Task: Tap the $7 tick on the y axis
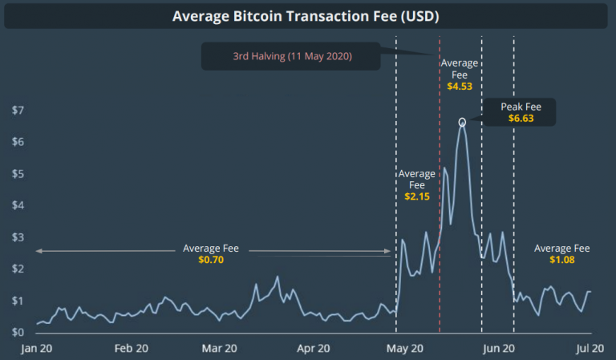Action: [x=17, y=110]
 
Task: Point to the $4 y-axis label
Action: [x=17, y=205]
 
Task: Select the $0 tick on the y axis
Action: [x=17, y=332]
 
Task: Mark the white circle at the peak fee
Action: [x=462, y=122]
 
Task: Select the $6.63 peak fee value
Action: [x=521, y=118]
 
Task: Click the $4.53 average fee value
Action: [x=460, y=86]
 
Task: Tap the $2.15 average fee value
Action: [x=417, y=196]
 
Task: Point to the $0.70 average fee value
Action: [x=211, y=260]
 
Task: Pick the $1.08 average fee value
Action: [x=561, y=260]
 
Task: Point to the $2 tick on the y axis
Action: [x=17, y=269]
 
